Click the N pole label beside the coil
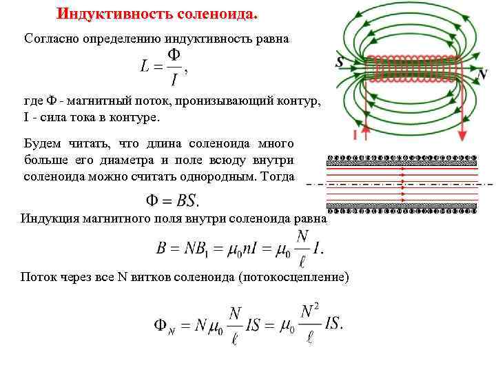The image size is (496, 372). pyautogui.click(x=482, y=73)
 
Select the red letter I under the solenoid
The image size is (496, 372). pyautogui.click(x=354, y=133)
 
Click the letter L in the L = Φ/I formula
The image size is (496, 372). pyautogui.click(x=146, y=67)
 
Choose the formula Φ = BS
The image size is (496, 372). pyautogui.click(x=172, y=201)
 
